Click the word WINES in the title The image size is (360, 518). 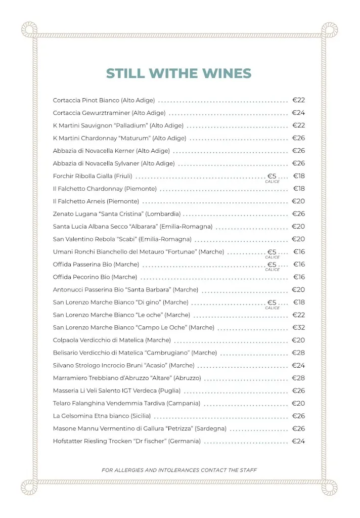(x=227, y=73)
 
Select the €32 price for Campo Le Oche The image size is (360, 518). (x=298, y=328)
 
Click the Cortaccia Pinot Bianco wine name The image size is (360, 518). (x=104, y=100)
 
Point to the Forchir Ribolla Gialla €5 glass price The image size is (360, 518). (x=272, y=176)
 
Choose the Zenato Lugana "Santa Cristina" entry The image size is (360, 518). (x=116, y=214)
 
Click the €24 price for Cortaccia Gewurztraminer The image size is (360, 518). (x=298, y=113)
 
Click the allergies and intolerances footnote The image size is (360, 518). (x=179, y=470)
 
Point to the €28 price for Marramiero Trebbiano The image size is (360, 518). (x=298, y=378)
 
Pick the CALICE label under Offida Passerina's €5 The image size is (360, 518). (x=272, y=270)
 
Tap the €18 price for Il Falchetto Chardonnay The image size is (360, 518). (x=299, y=189)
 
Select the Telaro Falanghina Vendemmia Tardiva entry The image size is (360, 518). (x=126, y=403)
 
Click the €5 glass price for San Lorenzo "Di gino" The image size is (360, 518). (x=272, y=303)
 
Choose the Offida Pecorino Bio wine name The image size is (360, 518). (x=95, y=277)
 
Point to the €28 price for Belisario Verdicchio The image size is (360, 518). (x=298, y=353)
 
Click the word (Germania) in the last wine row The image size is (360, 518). (x=185, y=441)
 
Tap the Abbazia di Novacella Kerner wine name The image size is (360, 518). (x=111, y=151)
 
